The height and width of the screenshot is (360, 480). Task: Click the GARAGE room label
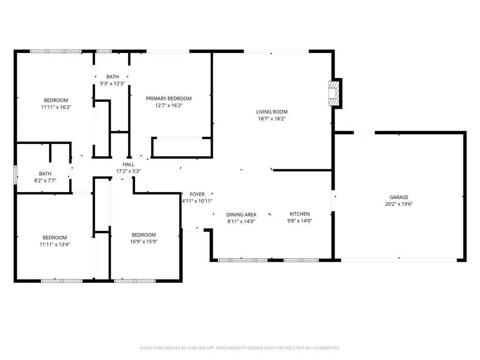click(x=399, y=197)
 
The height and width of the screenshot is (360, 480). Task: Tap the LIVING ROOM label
click(x=272, y=112)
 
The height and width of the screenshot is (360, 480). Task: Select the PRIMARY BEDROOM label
click(x=169, y=98)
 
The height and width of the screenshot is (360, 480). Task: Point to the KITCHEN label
click(x=300, y=214)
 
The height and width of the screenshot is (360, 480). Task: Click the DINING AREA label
click(x=241, y=215)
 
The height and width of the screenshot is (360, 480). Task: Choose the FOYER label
click(x=197, y=195)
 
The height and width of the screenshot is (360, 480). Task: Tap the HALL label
click(x=128, y=165)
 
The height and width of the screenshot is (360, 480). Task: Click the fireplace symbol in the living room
click(x=334, y=93)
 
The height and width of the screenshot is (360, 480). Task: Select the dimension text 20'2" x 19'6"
click(x=399, y=204)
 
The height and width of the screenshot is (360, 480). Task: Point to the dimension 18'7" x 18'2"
click(x=272, y=119)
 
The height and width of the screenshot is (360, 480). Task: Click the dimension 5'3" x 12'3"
click(x=112, y=83)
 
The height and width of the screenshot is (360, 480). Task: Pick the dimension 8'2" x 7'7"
click(x=45, y=180)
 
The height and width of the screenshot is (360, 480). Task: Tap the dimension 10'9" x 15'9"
click(x=143, y=241)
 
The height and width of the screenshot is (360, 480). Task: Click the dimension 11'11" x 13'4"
click(x=55, y=244)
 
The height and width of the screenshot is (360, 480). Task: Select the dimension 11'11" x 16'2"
click(x=56, y=107)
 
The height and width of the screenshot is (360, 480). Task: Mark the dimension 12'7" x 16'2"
click(x=169, y=105)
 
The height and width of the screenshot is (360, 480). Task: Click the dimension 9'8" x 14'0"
click(x=300, y=221)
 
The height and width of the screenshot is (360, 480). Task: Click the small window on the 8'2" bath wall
click(x=15, y=175)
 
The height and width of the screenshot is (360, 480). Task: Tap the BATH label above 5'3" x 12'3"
click(x=112, y=76)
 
